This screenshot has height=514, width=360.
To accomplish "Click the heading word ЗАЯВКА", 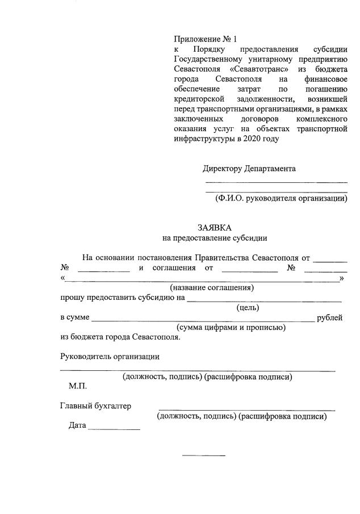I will click(x=215, y=227).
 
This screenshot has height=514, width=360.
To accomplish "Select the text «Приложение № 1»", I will click(x=205, y=39).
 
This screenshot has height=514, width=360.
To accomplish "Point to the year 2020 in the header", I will click(x=249, y=138).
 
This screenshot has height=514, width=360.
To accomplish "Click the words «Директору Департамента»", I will click(x=249, y=169).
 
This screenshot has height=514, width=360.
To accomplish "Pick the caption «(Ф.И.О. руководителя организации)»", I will click(x=281, y=198).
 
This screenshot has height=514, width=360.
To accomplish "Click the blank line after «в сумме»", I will click(x=202, y=320).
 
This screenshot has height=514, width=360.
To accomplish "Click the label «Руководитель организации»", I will click(x=110, y=357).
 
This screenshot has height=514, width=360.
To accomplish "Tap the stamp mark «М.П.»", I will click(x=78, y=386).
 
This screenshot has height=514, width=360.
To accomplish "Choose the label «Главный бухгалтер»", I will click(x=95, y=406).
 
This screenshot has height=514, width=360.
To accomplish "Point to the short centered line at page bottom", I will click(x=203, y=456).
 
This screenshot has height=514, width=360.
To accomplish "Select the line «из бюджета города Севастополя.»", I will click(x=120, y=337).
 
